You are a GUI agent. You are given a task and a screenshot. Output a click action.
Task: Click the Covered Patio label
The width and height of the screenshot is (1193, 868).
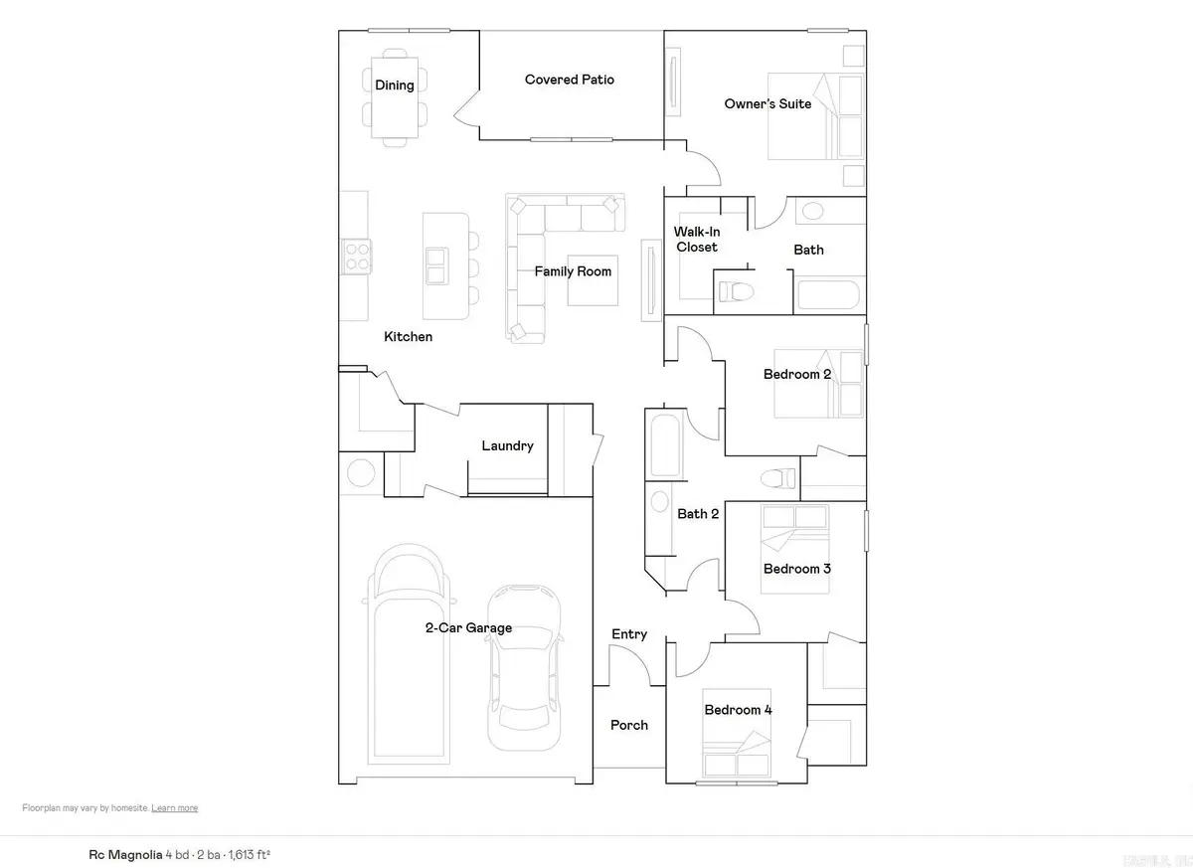[x=569, y=80]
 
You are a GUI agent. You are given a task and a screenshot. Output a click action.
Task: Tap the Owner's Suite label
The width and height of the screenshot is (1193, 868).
[x=767, y=103]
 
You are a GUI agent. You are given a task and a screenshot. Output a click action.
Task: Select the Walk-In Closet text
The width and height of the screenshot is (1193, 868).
[x=696, y=240]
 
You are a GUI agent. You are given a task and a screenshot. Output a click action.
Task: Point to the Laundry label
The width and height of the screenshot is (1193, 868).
[x=507, y=446]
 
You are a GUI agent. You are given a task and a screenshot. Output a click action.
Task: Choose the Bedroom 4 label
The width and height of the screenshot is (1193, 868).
[x=738, y=710]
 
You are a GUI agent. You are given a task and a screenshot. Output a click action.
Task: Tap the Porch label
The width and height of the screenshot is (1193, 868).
[x=628, y=726]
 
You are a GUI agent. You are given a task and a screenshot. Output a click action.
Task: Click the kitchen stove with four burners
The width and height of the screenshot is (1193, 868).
[x=357, y=257]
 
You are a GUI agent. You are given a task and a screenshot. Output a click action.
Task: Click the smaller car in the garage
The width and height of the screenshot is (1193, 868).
[x=523, y=666]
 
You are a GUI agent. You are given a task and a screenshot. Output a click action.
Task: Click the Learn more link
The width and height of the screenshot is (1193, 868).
[x=174, y=808]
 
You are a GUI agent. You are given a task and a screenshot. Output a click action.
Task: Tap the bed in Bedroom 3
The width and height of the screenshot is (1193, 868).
[x=794, y=549]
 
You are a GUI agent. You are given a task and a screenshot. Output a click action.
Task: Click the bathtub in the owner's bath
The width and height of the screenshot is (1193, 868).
[x=827, y=295]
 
